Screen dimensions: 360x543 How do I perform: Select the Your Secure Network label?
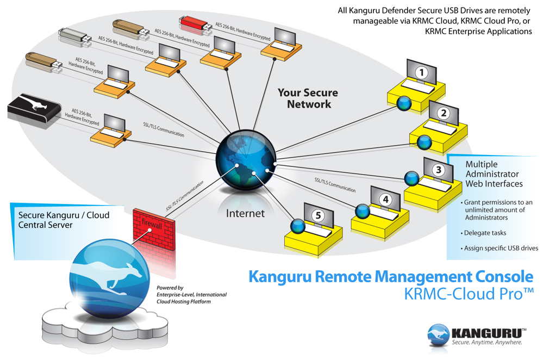(308, 98)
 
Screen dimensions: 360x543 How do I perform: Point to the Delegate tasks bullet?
(485, 232)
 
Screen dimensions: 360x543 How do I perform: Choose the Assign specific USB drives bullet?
(500, 248)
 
